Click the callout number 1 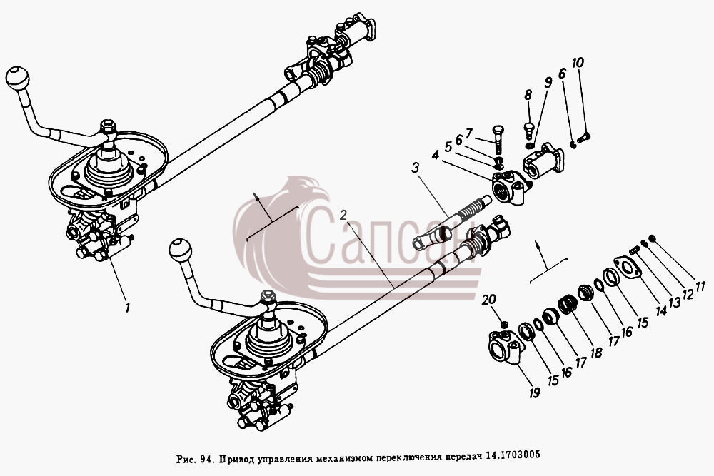[128, 308]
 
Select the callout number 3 [415, 168]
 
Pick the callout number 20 [490, 300]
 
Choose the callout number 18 [595, 353]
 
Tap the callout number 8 [528, 95]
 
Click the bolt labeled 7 [497, 139]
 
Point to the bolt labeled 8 [529, 130]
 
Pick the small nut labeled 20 [503, 325]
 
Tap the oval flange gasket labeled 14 [628, 268]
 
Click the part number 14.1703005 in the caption [513, 454]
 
